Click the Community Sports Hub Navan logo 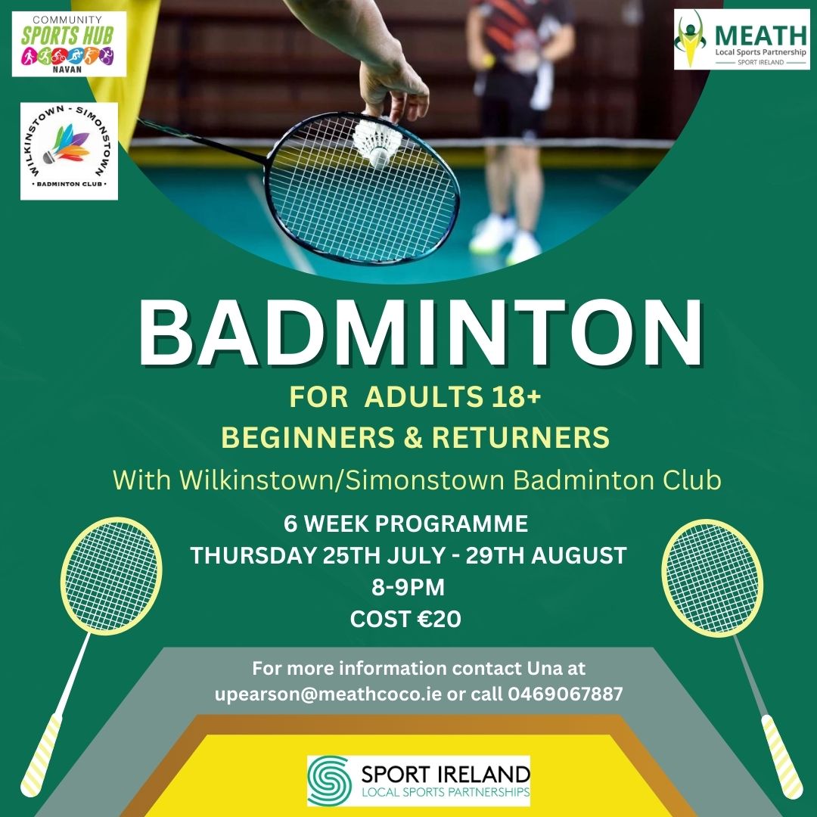pyautogui.click(x=70, y=44)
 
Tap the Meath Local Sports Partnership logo pyautogui.click(x=742, y=39)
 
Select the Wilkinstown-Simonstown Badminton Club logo pyautogui.click(x=70, y=151)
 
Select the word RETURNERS pyautogui.click(x=520, y=437)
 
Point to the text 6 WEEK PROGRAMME pyautogui.click(x=406, y=523)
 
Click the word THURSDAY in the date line pyautogui.click(x=253, y=555)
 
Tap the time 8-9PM pyautogui.click(x=408, y=587)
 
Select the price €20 pyautogui.click(x=440, y=619)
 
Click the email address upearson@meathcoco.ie pyautogui.click(x=328, y=694)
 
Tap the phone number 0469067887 pyautogui.click(x=565, y=694)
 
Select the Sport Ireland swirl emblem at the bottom pyautogui.click(x=329, y=780)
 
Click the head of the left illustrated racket pyautogui.click(x=111, y=576)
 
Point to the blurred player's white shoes pyautogui.click(x=505, y=241)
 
